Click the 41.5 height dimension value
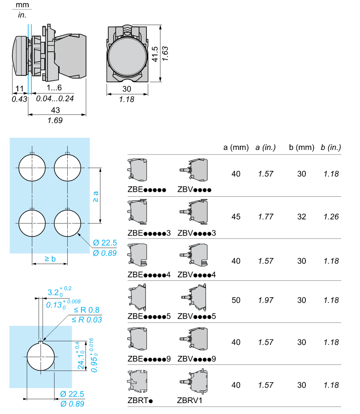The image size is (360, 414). click(155, 54)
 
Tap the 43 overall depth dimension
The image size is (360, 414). click(55, 110)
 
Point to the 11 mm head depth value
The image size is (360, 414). click(20, 89)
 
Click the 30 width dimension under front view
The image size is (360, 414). click(127, 89)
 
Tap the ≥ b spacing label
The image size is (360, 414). click(50, 259)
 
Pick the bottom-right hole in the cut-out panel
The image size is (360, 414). click(68, 224)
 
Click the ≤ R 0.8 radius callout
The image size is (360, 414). click(87, 310)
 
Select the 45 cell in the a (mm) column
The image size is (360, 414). click(236, 217)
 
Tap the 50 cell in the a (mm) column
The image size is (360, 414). click(236, 300)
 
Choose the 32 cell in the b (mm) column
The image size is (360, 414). click(302, 217)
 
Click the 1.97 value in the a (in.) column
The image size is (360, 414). click(265, 300)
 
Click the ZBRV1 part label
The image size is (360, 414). click(190, 400)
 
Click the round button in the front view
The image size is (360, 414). click(127, 54)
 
